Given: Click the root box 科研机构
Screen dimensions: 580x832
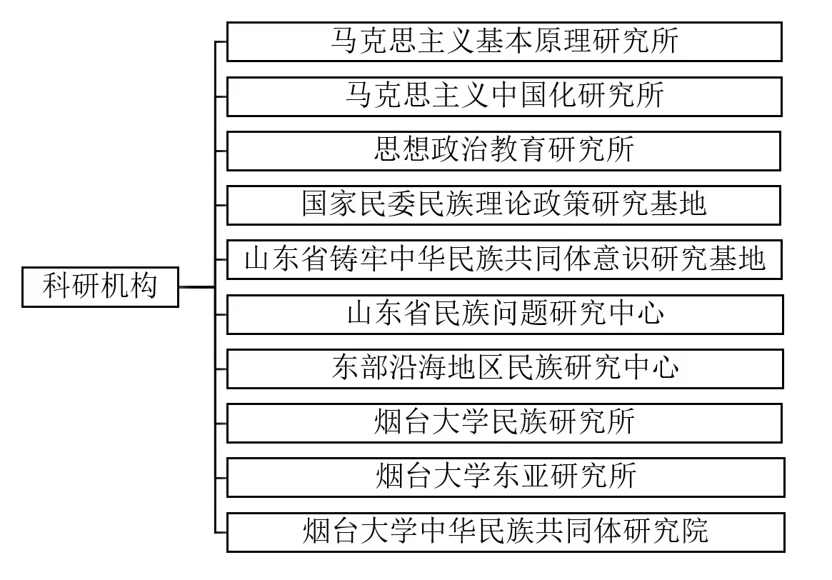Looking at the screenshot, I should click(x=100, y=287).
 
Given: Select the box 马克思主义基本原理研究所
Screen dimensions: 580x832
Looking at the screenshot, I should click(x=504, y=41).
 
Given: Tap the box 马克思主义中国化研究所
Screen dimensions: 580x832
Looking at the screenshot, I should click(x=504, y=96).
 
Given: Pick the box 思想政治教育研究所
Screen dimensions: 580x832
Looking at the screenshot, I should click(x=504, y=150).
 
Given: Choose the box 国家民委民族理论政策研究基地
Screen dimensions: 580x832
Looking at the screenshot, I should click(x=504, y=204).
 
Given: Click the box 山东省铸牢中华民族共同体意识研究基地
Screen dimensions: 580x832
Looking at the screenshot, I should click(x=504, y=259).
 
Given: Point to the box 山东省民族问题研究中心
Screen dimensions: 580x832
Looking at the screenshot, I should click(x=504, y=314).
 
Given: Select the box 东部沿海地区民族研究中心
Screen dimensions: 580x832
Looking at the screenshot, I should click(x=504, y=368).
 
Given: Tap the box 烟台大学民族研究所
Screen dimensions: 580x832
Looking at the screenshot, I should click(x=504, y=422).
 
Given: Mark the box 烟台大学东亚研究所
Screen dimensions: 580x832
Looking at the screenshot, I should click(x=504, y=476).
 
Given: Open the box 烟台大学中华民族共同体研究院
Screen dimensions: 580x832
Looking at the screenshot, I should click(x=504, y=531).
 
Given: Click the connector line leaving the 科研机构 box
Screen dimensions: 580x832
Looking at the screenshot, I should click(x=196, y=287).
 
